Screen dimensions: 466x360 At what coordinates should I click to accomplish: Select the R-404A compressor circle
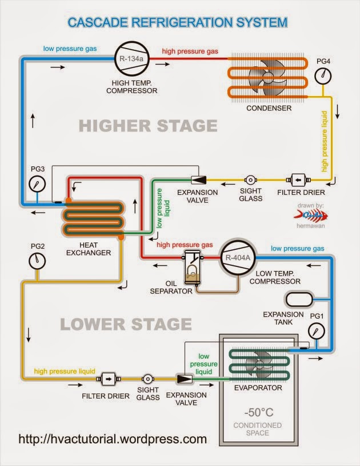[x=233, y=258]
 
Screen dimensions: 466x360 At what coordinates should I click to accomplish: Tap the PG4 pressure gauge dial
[x=322, y=75]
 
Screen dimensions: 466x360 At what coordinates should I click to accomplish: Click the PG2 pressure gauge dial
[x=37, y=260]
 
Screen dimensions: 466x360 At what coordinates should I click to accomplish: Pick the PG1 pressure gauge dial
[x=316, y=331]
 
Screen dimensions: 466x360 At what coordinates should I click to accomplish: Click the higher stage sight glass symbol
[x=251, y=180]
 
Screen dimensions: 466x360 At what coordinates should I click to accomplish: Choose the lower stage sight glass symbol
[x=148, y=379]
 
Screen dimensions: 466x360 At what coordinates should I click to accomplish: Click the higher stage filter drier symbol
[x=298, y=180]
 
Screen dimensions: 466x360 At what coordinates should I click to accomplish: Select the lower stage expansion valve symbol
[x=185, y=379]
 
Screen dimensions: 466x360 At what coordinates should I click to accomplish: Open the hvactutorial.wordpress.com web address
[x=113, y=440]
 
